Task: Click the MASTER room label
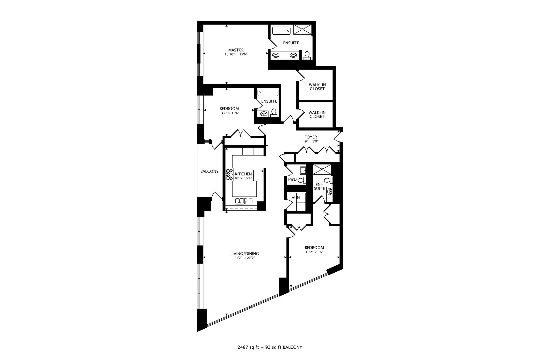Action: click(236, 50)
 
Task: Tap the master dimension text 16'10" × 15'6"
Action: click(236, 54)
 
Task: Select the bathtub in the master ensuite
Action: click(281, 31)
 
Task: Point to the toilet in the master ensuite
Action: click(307, 55)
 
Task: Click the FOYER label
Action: click(311, 137)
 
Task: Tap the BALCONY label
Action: click(209, 171)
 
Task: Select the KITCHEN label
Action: click(243, 174)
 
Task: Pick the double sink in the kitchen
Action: click(240, 201)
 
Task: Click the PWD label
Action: click(292, 179)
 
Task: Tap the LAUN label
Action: click(295, 198)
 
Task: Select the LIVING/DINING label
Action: click(244, 254)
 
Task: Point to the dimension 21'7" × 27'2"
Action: click(244, 258)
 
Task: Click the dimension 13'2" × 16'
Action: click(314, 252)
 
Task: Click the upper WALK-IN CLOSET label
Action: click(317, 87)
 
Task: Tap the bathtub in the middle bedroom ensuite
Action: click(268, 93)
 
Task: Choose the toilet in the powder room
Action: click(302, 180)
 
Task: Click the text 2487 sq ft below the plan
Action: click(248, 347)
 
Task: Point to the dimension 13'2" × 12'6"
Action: click(229, 113)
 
